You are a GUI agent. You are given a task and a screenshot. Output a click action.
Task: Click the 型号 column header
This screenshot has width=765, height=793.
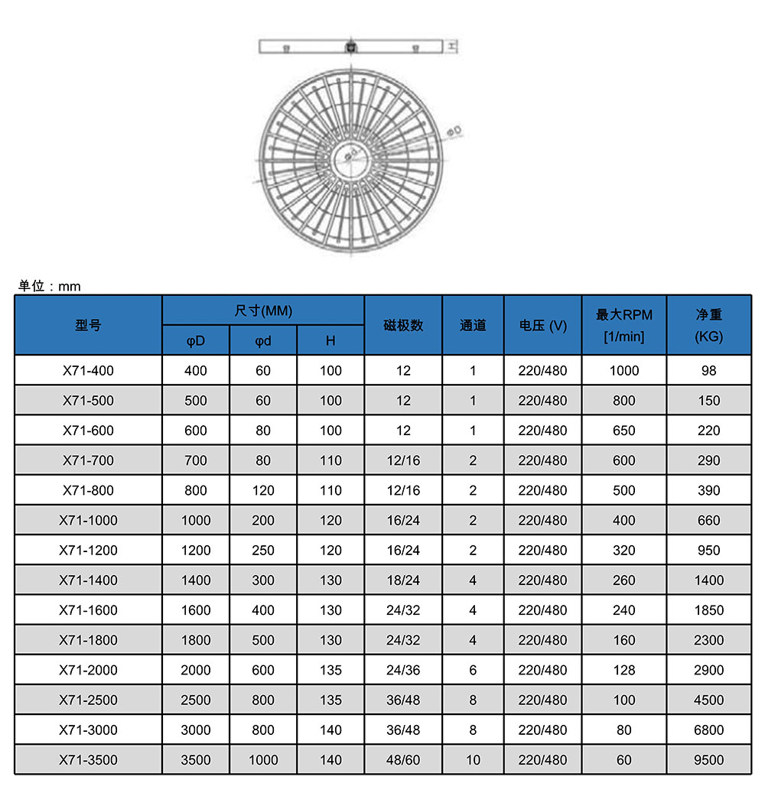tap(88, 325)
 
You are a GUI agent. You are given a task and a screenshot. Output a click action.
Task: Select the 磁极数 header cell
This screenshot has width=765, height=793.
tap(403, 325)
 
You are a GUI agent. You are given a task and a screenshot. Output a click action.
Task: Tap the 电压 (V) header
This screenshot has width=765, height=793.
tap(543, 325)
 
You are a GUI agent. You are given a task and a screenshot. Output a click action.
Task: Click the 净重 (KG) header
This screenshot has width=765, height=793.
tap(709, 325)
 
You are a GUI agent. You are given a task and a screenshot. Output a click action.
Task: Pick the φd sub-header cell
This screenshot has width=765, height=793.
tap(263, 340)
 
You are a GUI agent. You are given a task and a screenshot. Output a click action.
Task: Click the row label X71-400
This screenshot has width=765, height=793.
tap(88, 371)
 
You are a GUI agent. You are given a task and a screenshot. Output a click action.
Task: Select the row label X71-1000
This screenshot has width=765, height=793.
tap(88, 520)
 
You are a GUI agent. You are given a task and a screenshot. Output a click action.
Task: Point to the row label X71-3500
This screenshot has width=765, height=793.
tap(88, 759)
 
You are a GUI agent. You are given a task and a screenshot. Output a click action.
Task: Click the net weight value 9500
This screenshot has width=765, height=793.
tap(709, 759)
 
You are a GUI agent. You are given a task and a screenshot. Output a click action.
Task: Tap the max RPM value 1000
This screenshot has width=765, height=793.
tap(624, 371)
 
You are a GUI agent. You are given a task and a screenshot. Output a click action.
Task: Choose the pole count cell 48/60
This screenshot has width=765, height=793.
tap(403, 759)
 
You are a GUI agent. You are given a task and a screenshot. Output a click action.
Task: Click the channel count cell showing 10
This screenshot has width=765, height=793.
tap(473, 759)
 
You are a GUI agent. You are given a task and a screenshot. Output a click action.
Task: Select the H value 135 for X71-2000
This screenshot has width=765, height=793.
tap(330, 670)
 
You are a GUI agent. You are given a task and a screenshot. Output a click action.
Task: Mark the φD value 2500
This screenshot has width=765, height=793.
tap(196, 700)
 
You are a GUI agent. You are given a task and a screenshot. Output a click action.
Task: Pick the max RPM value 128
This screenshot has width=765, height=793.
tap(624, 670)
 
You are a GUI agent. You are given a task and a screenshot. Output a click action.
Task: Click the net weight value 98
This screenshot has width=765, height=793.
tap(709, 371)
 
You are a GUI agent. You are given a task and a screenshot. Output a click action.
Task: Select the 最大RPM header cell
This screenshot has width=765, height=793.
tap(624, 325)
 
